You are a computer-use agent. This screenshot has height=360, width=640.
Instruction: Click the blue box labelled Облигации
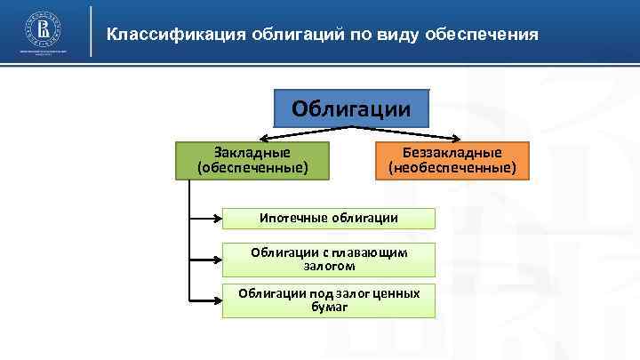[352, 109]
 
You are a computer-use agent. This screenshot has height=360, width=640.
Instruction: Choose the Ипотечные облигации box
[329, 218]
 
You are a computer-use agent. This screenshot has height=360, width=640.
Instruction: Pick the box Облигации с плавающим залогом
[329, 259]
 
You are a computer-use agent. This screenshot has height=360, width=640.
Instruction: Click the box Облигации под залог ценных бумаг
[329, 300]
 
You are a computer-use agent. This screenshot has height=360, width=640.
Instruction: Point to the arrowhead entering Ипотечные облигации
[216, 218]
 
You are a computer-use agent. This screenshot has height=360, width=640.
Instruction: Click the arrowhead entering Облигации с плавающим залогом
[216, 260]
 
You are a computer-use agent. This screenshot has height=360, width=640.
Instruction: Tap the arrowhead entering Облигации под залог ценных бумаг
[216, 301]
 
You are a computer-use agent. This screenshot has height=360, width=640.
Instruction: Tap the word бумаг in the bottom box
[329, 308]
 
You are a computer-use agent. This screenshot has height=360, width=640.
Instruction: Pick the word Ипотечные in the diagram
[293, 218]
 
